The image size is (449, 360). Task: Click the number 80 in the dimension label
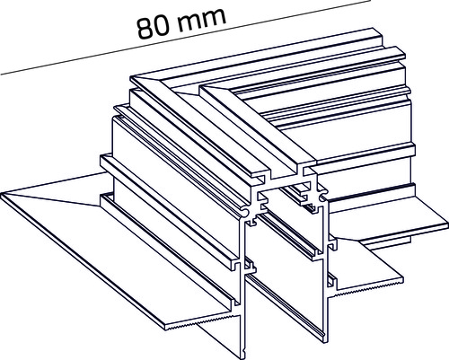click(154, 28)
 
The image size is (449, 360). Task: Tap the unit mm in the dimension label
click(201, 20)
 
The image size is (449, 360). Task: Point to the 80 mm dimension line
click(186, 37)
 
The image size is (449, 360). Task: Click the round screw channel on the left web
click(244, 213)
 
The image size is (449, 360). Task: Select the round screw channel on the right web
click(323, 198)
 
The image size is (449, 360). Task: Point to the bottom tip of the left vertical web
click(243, 356)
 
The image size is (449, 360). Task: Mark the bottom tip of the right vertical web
click(322, 340)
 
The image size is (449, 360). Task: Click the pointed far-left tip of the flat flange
click(2, 195)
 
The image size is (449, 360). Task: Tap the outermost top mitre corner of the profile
click(132, 79)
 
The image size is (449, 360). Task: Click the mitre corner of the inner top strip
click(201, 88)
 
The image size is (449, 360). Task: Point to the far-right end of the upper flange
click(446, 224)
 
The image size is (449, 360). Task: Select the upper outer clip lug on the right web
click(333, 245)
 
